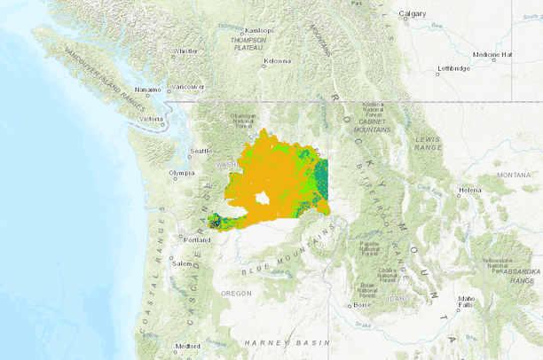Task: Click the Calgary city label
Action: tap(413, 13)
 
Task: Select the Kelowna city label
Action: tap(278, 61)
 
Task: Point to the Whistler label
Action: tap(185, 51)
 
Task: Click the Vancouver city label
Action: tap(188, 86)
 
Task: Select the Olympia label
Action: tap(181, 173)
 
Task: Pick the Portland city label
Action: tap(197, 239)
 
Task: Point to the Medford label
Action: tap(187, 345)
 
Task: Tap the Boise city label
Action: tap(362, 304)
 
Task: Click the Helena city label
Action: tap(470, 190)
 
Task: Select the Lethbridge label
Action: tap(453, 68)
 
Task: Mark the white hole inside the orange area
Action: tap(262, 199)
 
